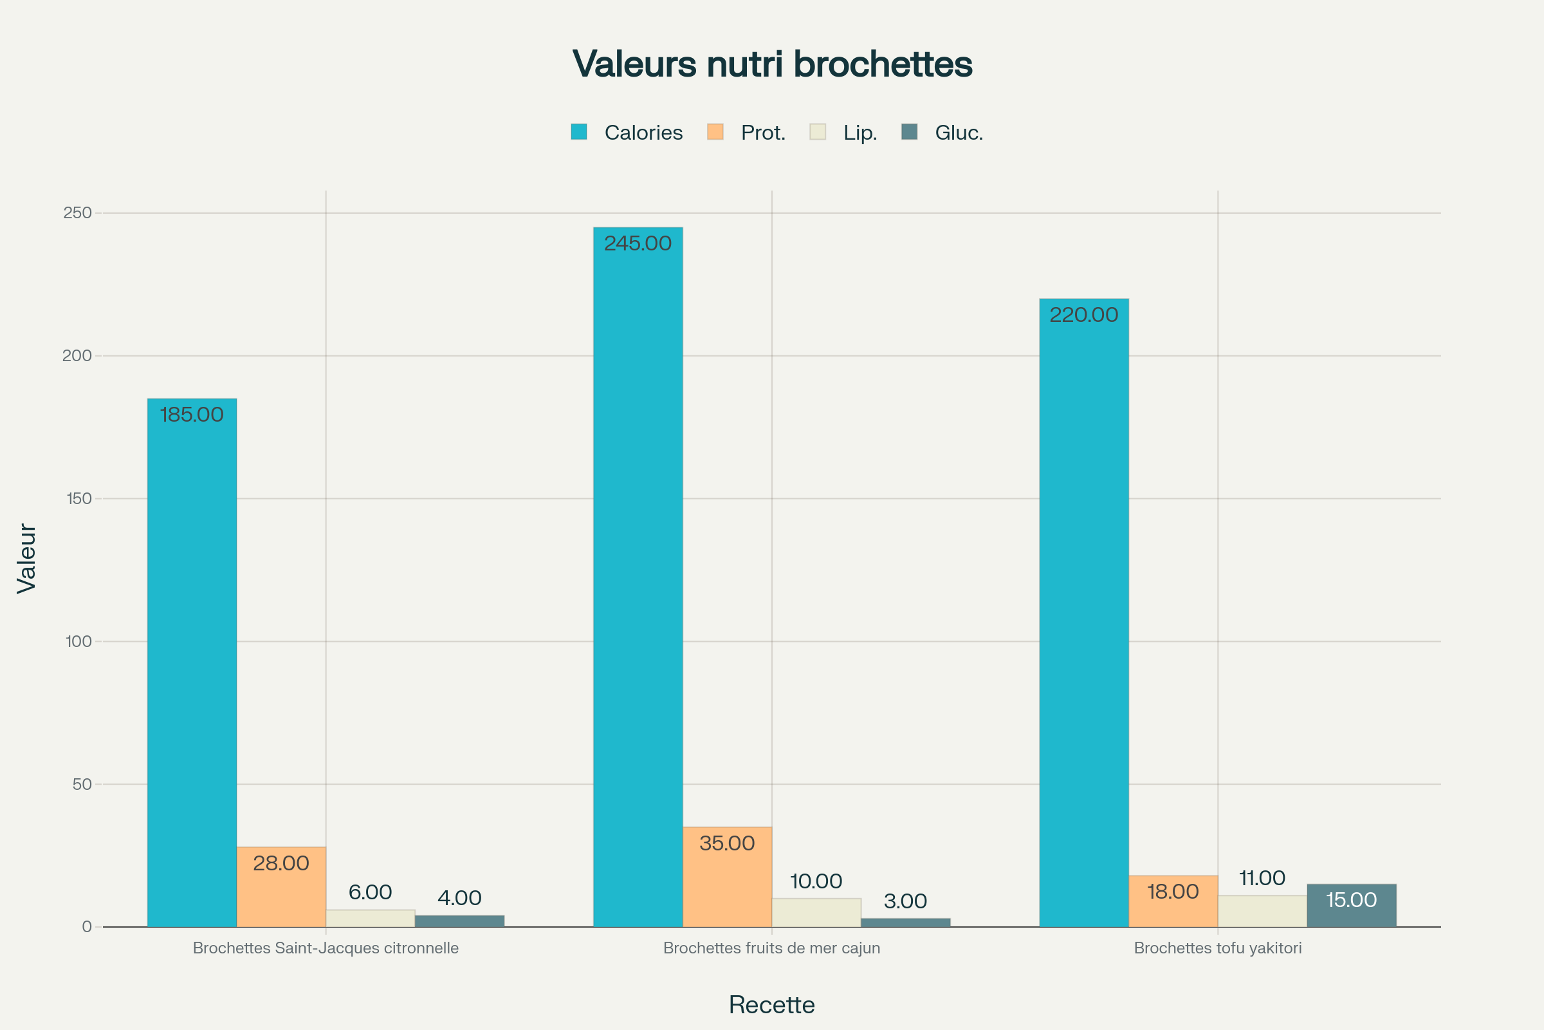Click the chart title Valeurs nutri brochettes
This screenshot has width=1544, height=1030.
pos(772,64)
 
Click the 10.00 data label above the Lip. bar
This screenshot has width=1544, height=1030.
pos(816,881)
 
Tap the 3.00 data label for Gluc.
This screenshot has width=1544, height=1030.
pos(905,901)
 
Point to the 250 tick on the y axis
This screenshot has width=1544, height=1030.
pos(77,213)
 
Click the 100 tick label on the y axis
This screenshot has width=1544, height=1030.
pos(78,641)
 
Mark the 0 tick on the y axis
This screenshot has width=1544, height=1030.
pos(87,927)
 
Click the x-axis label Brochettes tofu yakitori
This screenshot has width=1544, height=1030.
pos(1218,948)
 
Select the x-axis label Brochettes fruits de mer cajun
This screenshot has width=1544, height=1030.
pos(771,948)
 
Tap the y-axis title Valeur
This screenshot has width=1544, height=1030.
pos(26,558)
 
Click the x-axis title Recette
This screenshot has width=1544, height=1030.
pos(771,1005)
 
